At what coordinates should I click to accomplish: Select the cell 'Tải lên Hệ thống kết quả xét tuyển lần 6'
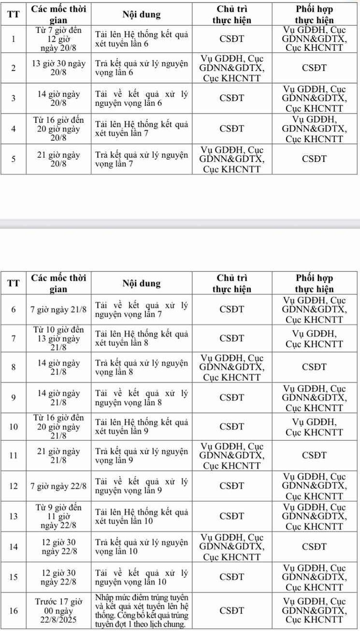pos(141,39)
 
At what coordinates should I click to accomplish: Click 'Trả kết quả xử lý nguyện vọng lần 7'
pos(141,159)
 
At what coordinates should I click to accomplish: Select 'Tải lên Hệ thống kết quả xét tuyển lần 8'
pos(141,338)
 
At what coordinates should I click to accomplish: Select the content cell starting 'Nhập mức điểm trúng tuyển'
pos(141,611)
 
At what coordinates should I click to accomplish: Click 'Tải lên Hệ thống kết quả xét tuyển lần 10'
pos(141,516)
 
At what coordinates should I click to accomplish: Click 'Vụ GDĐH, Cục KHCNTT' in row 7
pos(315,338)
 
